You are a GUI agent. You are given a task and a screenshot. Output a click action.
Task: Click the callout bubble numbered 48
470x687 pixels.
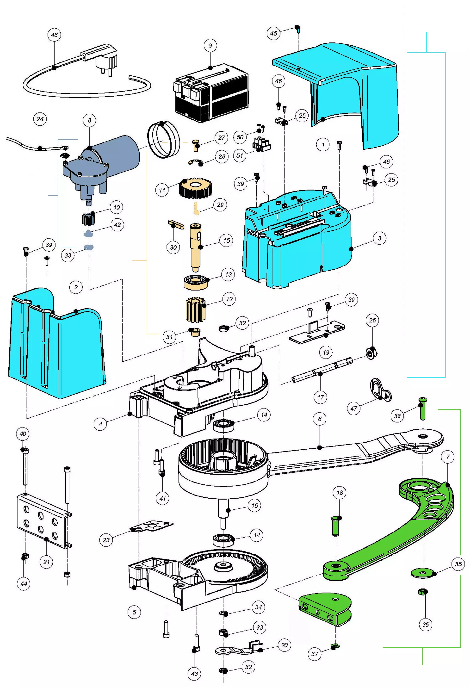[54, 35]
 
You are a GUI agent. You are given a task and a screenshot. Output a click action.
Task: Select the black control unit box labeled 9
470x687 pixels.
[211, 93]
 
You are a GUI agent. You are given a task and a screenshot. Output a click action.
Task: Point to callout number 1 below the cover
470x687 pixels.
[323, 145]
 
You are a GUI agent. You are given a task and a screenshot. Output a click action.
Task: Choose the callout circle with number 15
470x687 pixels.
[227, 240]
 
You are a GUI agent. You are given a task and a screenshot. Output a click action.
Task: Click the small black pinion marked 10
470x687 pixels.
[88, 219]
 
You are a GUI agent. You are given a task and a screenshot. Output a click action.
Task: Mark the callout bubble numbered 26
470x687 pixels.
[372, 320]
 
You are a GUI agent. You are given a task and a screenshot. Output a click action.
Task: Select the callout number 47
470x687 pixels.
[354, 408]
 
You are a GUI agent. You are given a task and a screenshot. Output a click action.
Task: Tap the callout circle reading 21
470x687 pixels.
[47, 562]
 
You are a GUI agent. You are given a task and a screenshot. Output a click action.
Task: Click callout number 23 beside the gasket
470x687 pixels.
[106, 540]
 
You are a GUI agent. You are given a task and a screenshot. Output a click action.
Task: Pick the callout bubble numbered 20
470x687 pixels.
[284, 645]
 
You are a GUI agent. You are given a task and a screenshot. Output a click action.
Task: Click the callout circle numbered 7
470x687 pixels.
[448, 457]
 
